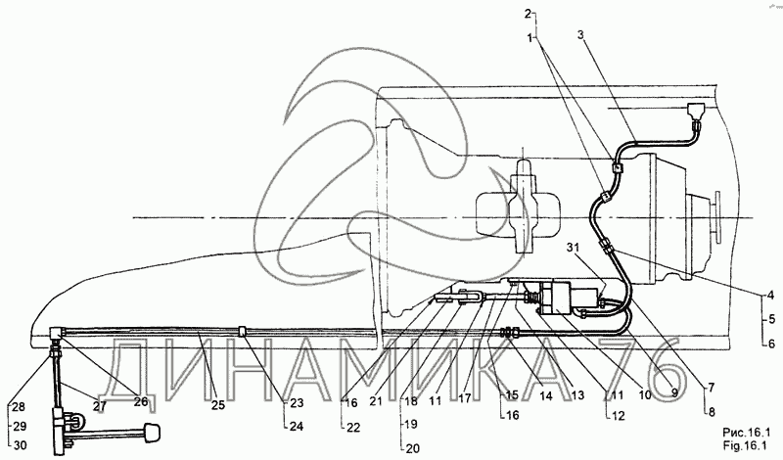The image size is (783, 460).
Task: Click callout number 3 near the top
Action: [x=580, y=34]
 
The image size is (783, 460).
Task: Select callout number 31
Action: [x=575, y=247]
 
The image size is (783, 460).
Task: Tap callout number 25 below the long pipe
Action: [x=217, y=404]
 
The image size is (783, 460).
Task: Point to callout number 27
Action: [x=100, y=405]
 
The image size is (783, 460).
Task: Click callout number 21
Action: [x=376, y=400]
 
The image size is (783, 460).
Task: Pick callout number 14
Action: [x=546, y=395]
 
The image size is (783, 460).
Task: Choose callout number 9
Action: [x=673, y=392]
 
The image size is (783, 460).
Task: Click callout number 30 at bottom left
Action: [x=20, y=445]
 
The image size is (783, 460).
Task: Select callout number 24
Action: [x=296, y=427]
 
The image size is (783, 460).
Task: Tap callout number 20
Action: [x=413, y=448]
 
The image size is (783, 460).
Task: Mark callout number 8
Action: [x=712, y=411]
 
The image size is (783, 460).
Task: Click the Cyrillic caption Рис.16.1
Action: [x=746, y=432]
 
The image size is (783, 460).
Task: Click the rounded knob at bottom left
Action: [x=151, y=433]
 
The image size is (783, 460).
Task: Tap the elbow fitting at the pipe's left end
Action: [x=56, y=333]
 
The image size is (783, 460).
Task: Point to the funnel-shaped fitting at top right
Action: [x=695, y=111]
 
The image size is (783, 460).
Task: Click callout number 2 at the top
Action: [x=528, y=14]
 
